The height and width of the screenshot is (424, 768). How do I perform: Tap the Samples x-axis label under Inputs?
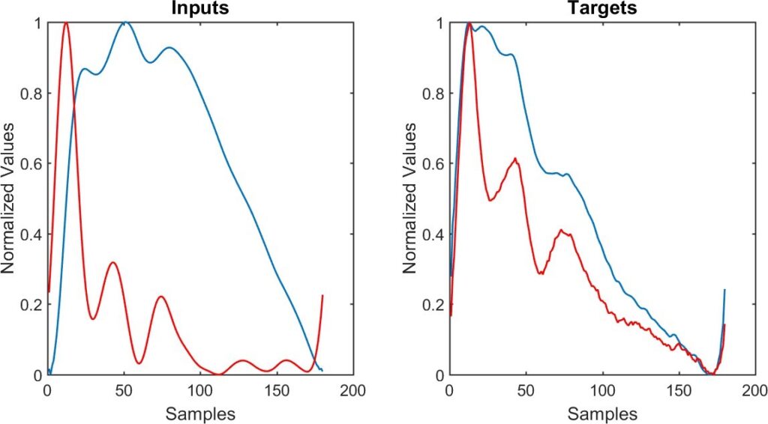[199, 414]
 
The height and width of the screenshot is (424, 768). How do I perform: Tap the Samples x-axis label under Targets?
[601, 414]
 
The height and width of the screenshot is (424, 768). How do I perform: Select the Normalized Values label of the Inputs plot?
[10, 199]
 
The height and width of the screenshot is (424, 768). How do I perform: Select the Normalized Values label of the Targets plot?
[411, 199]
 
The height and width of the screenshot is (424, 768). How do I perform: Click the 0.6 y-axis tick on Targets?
[434, 164]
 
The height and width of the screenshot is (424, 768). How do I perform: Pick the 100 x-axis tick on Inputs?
[199, 391]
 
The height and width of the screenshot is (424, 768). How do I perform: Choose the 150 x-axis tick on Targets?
[678, 391]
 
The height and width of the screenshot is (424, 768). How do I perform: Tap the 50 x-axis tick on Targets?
[525, 391]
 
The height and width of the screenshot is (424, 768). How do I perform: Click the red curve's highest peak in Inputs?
[66, 23]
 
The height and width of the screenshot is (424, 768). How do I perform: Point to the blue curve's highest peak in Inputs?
[125, 23]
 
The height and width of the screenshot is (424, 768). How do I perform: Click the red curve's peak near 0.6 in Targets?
[515, 159]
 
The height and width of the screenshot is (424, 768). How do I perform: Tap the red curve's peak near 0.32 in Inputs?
[112, 262]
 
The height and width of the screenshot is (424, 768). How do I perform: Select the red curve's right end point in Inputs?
[322, 296]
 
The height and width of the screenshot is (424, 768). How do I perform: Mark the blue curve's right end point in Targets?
[724, 290]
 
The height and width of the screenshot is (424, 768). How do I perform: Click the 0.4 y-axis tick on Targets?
[434, 234]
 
